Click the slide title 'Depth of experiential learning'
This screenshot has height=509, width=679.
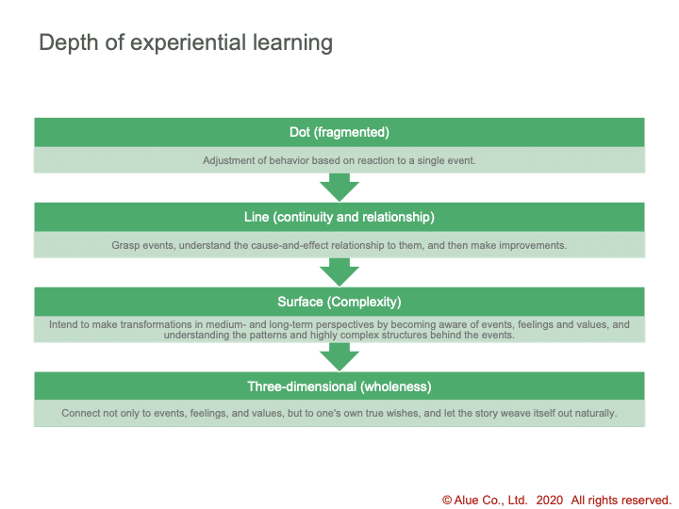pyautogui.click(x=185, y=43)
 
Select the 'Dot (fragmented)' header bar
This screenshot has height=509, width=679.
pyautogui.click(x=339, y=132)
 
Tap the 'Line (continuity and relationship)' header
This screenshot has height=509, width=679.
pyautogui.click(x=339, y=217)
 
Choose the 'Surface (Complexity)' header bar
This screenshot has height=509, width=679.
pyautogui.click(x=339, y=302)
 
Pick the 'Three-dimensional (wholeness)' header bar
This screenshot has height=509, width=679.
pyautogui.click(x=339, y=386)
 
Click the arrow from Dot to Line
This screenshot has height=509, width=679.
pyautogui.click(x=339, y=187)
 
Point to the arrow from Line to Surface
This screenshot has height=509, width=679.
pyautogui.click(x=339, y=271)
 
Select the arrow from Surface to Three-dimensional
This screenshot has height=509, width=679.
pyautogui.click(x=339, y=356)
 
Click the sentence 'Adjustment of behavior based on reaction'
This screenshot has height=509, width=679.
pyautogui.click(x=339, y=160)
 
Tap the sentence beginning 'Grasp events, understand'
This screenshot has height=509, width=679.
pyautogui.click(x=339, y=245)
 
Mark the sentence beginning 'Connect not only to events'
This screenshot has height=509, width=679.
pyautogui.click(x=339, y=414)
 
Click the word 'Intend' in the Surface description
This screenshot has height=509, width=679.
pyautogui.click(x=64, y=324)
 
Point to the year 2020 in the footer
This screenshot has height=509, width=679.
pyautogui.click(x=550, y=501)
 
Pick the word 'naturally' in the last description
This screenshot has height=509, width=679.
pyautogui.click(x=592, y=414)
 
